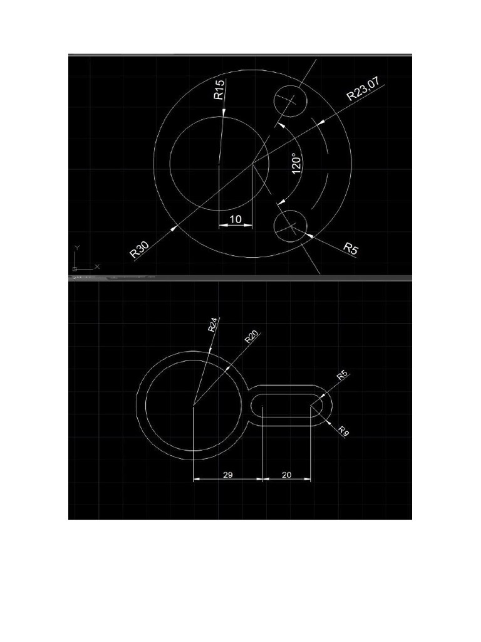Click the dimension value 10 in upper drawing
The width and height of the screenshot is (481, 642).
click(x=236, y=219)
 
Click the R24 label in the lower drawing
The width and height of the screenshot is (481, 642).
click(x=214, y=324)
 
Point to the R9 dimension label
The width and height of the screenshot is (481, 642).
click(x=343, y=431)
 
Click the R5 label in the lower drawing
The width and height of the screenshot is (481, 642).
click(x=342, y=375)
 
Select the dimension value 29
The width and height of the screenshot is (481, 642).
click(x=228, y=475)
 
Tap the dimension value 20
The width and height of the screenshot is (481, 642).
click(x=287, y=475)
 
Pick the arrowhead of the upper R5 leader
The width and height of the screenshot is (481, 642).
click(x=308, y=235)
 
